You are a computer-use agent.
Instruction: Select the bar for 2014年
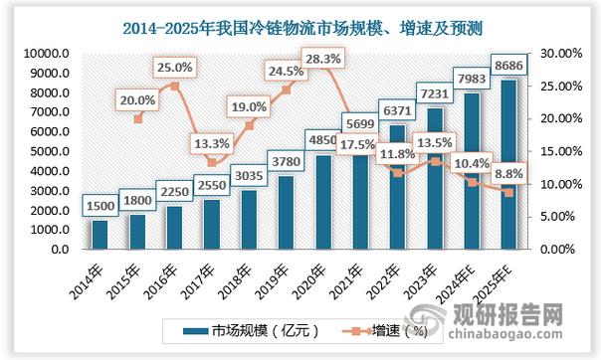tap(99, 235)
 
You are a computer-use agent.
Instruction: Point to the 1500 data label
tap(100, 207)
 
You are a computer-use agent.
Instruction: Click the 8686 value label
tap(507, 63)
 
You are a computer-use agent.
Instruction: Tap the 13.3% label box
tap(212, 143)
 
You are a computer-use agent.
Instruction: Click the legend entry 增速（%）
tap(383, 330)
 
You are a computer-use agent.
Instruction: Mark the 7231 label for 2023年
tap(433, 90)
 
